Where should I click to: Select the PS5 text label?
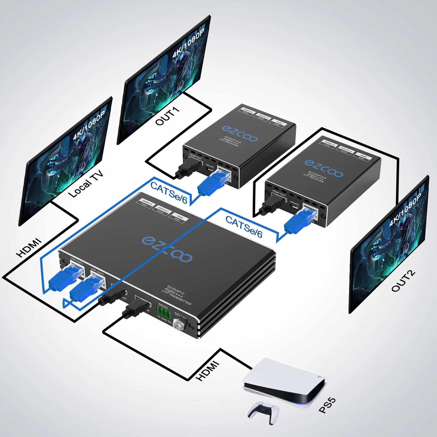[327, 405]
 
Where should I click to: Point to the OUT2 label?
[403, 281]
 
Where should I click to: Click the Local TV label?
[86, 184]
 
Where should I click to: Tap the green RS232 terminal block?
[164, 312]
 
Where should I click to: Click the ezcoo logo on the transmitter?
[167, 249]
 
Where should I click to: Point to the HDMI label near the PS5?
[208, 371]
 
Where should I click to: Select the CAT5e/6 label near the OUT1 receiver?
[169, 193]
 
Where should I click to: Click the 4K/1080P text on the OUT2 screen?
[405, 210]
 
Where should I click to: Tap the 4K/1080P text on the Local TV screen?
[89, 126]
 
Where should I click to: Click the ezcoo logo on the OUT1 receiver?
[240, 134]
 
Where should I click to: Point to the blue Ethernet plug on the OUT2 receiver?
[299, 221]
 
